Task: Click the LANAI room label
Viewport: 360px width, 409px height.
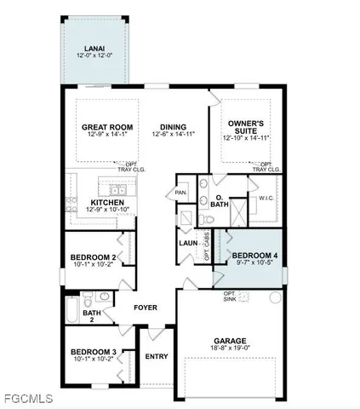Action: (x=94, y=48)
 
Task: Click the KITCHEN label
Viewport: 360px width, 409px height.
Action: (x=107, y=202)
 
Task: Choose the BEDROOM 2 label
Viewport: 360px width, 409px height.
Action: (x=94, y=256)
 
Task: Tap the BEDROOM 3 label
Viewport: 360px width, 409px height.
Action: (x=94, y=351)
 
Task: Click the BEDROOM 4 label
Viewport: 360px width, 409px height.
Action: (x=254, y=256)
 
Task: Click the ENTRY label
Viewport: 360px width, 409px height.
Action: (x=157, y=356)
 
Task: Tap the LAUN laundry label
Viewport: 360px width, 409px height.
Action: (x=188, y=243)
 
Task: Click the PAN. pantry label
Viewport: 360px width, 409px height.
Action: (x=181, y=193)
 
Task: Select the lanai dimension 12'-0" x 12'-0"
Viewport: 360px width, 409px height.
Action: (x=94, y=55)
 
